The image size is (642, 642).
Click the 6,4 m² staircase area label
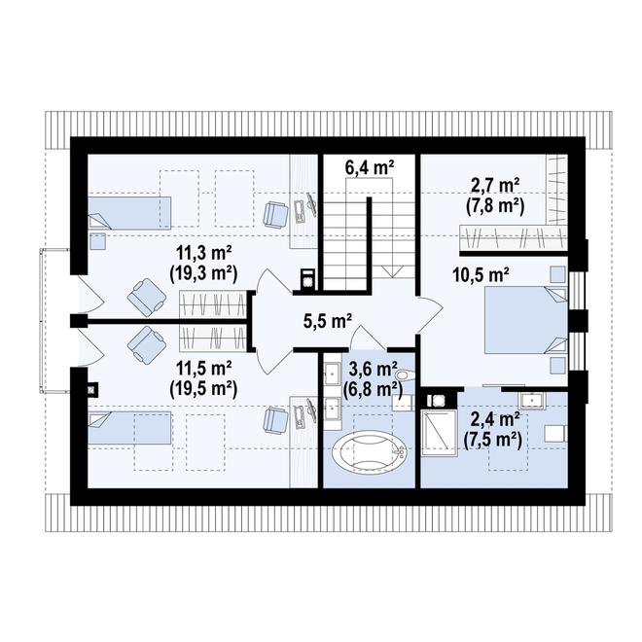point(370,167)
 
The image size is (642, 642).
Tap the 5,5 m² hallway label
point(328,321)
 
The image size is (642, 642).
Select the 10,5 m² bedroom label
point(481,275)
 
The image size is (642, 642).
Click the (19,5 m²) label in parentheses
point(203,388)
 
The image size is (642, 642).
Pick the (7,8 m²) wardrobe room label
point(495,207)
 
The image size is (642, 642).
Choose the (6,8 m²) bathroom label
point(373,388)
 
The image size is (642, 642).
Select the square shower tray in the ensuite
point(439,432)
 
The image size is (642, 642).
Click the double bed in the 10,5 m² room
point(526,320)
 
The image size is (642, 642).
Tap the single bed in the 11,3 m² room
point(129,213)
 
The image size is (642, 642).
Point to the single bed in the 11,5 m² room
point(129,427)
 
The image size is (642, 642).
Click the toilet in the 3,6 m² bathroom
point(406,375)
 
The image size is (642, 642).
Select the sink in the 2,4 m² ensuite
point(532,400)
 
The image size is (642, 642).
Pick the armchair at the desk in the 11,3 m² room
point(275,214)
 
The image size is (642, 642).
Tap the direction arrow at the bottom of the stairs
point(392,271)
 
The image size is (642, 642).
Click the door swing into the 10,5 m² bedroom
point(430,314)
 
